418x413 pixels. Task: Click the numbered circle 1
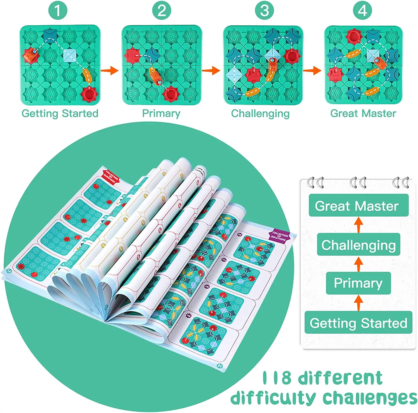coord(58,11)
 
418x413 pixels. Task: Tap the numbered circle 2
coord(162,11)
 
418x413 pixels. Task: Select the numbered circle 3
coord(264,11)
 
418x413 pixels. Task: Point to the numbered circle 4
coord(362,11)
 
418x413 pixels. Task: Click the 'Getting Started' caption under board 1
coord(60,113)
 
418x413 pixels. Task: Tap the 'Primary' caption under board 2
coord(161,113)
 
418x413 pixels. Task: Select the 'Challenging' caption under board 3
coord(260,113)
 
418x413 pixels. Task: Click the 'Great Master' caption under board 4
coord(363,113)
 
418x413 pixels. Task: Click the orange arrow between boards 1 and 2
coord(109,71)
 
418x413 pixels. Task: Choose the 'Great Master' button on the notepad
coord(358,206)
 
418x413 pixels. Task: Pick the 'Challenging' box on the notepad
coord(358,245)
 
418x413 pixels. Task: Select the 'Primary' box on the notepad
coord(358,283)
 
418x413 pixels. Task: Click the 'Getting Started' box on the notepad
coord(358,323)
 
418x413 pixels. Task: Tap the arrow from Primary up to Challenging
coord(358,264)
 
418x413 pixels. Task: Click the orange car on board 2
coord(155,75)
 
